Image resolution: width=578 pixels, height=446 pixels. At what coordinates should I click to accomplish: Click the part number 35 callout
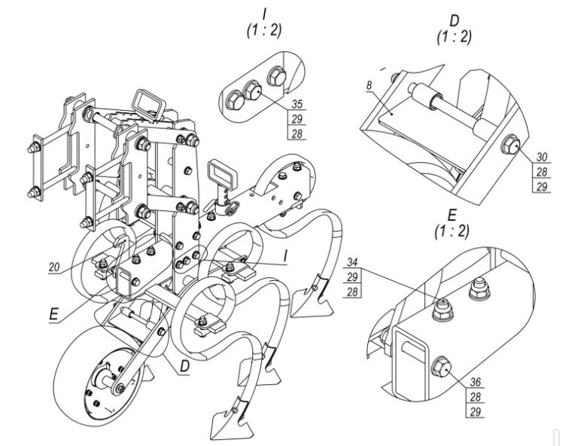point(297,104)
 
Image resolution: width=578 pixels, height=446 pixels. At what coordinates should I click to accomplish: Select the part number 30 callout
point(542,157)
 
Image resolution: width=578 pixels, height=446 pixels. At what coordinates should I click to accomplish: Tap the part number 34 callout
point(352,262)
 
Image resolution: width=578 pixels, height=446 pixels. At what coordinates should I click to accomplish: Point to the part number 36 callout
point(476,382)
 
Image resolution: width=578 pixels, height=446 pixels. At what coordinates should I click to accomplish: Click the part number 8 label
point(369,85)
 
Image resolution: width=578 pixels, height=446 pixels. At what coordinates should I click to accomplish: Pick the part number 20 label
point(54,267)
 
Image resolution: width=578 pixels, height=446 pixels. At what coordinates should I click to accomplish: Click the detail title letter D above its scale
point(454,21)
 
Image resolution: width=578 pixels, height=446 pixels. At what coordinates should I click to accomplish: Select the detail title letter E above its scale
point(452,215)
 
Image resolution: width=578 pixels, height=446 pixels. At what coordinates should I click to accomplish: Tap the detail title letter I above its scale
point(264,14)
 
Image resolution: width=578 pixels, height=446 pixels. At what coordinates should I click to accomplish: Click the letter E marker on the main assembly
point(54,315)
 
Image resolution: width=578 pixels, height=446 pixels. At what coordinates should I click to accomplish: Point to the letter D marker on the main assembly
point(184,366)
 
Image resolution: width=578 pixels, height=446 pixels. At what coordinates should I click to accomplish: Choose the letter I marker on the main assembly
point(284,257)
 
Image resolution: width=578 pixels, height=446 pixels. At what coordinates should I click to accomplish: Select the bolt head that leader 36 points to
point(441,366)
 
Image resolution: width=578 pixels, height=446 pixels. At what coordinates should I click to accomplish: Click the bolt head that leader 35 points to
point(253,90)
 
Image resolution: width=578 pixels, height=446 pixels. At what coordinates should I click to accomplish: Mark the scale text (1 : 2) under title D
point(454,37)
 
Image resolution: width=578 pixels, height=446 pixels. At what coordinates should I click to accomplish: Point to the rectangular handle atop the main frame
point(149,105)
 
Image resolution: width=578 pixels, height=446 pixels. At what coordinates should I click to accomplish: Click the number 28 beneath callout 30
point(542,172)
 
